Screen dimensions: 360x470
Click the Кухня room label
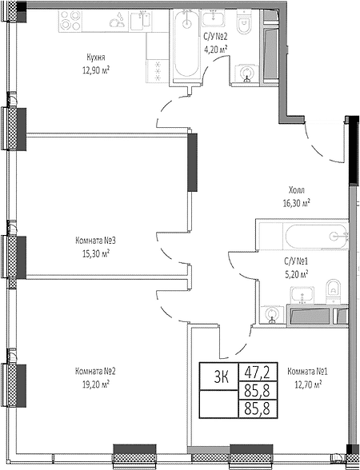(x=96, y=57)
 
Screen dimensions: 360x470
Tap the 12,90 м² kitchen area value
(x=96, y=70)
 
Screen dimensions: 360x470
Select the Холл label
(x=296, y=190)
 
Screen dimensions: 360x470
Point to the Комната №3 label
(x=96, y=241)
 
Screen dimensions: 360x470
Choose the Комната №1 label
(x=307, y=372)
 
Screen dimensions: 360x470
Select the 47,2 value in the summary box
(x=258, y=372)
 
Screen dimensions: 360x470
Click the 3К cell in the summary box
(x=222, y=377)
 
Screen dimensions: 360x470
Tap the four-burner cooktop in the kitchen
(x=70, y=21)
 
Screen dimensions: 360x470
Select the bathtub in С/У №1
(x=316, y=237)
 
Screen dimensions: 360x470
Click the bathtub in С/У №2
(x=186, y=44)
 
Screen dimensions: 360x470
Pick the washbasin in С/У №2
(x=214, y=18)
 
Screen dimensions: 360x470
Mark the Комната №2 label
(x=96, y=371)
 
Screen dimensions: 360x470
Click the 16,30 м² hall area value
(x=296, y=204)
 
